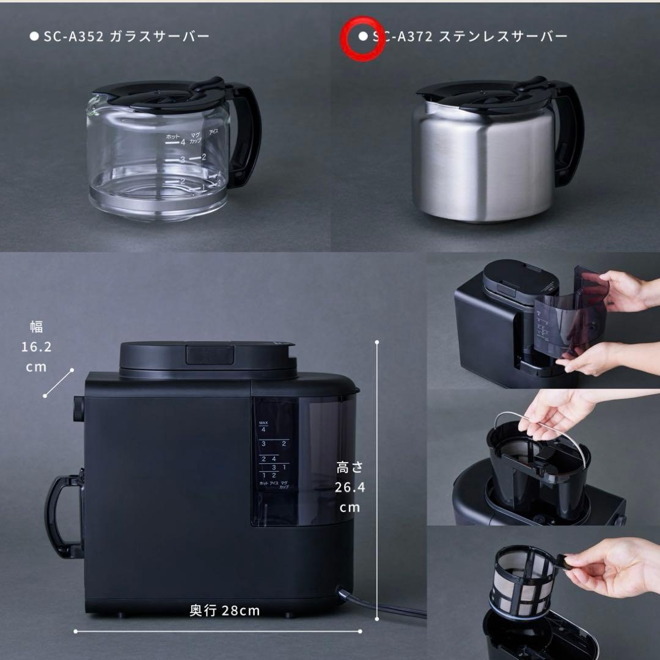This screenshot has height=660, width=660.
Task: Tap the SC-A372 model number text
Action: [x=403, y=36]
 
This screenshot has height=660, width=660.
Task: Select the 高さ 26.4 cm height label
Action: [x=349, y=487]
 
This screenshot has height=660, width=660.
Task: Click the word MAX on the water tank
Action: [x=264, y=423]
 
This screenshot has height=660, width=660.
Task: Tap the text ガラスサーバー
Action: [x=159, y=36]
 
